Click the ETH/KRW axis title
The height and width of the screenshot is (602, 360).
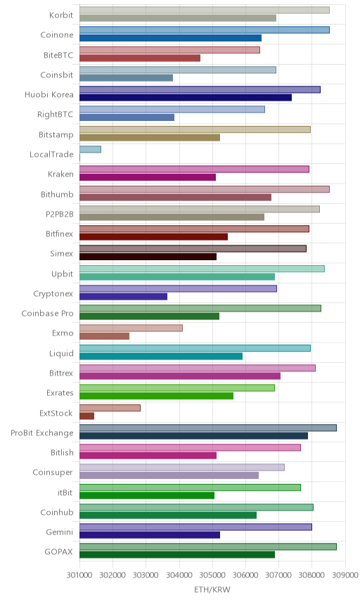pyautogui.click(x=212, y=589)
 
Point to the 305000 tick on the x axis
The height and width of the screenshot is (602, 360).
pyautogui.click(x=212, y=575)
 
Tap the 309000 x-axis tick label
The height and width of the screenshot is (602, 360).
pyautogui.click(x=345, y=575)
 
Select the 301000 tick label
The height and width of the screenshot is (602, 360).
pyautogui.click(x=80, y=575)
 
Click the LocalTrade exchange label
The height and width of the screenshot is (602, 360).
pyautogui.click(x=51, y=154)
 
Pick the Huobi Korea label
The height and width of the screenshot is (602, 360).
pyautogui.click(x=49, y=94)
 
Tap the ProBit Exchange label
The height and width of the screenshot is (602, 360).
pyautogui.click(x=41, y=433)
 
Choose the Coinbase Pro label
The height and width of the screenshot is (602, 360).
pyautogui.click(x=47, y=313)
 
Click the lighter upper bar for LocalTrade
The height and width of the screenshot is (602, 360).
pyautogui.click(x=90, y=149)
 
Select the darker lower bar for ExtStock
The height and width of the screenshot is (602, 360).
pyautogui.click(x=86, y=416)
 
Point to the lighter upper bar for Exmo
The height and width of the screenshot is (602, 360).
pyautogui.click(x=131, y=328)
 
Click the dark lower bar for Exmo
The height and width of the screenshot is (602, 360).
pyautogui.click(x=104, y=336)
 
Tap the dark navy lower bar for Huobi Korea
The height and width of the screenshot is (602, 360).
pyautogui.click(x=186, y=98)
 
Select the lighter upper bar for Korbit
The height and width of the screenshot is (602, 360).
pyautogui.click(x=205, y=10)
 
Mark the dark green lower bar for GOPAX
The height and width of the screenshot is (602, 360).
pyautogui.click(x=177, y=555)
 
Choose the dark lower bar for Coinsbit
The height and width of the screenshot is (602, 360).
pyautogui.click(x=127, y=78)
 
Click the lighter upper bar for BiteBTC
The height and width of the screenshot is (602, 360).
pyautogui.click(x=169, y=50)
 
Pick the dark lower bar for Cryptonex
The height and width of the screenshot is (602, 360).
pyautogui.click(x=123, y=296)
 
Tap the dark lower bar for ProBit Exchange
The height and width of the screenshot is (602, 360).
pyautogui.click(x=193, y=436)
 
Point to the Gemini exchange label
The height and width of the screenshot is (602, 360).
pyautogui.click(x=60, y=532)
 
